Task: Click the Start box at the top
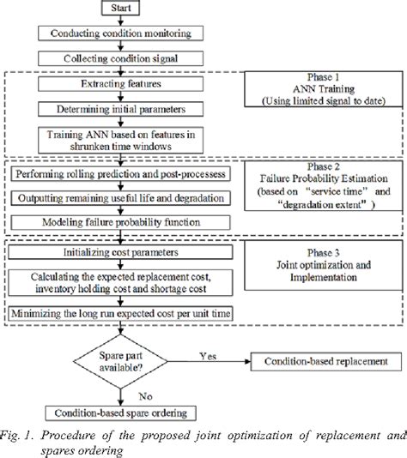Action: [x=121, y=10]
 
